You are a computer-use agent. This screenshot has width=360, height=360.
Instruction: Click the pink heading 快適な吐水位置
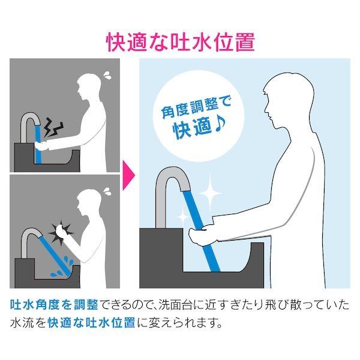pyautogui.click(x=181, y=43)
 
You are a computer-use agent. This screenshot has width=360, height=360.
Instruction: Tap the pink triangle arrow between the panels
pyautogui.click(x=128, y=175)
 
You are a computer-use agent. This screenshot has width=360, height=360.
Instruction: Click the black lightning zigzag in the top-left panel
pyautogui.click(x=53, y=127)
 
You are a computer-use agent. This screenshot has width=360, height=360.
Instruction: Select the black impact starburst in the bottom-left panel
pyautogui.click(x=61, y=232)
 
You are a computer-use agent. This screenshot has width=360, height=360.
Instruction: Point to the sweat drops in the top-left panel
pyautogui.click(x=107, y=75)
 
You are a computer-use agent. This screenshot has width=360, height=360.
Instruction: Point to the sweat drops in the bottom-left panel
pyautogui.click(x=107, y=191)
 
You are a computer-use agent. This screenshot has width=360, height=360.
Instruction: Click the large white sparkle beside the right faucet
pyautogui.click(x=210, y=193)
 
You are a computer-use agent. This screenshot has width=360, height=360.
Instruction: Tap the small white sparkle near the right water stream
pyautogui.click(x=183, y=216)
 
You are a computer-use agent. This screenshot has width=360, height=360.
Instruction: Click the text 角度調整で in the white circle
pyautogui.click(x=196, y=108)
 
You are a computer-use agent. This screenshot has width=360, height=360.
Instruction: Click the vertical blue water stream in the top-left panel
pyautogui.click(x=38, y=144)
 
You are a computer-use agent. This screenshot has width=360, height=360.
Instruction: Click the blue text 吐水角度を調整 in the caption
pyautogui.click(x=54, y=305)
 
